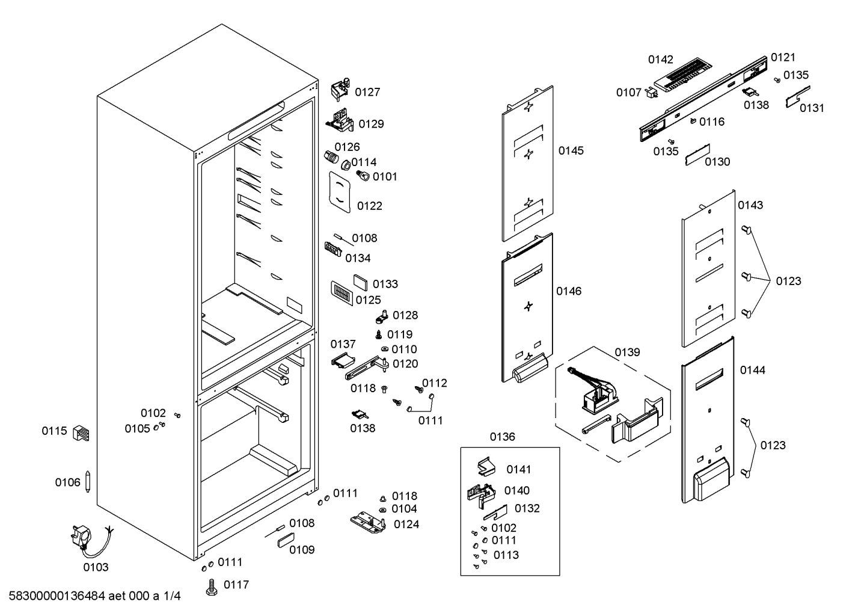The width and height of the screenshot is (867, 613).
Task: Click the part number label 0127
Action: [x=367, y=92]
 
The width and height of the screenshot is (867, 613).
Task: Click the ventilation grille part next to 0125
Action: [x=342, y=293]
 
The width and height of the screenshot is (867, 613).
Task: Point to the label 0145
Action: [x=571, y=150]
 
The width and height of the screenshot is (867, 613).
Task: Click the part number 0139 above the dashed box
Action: [x=627, y=352]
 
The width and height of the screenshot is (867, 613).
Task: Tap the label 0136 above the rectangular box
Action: [x=503, y=437]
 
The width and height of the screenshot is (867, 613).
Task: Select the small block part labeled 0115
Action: [x=81, y=433]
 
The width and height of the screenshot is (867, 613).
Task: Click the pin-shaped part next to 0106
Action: [x=88, y=481]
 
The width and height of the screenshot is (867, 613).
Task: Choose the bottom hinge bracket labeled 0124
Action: [x=368, y=522]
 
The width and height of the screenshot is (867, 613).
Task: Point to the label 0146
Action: [x=569, y=291]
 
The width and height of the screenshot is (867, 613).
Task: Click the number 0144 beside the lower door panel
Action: [x=752, y=370]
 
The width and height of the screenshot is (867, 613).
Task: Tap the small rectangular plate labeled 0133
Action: [x=360, y=282]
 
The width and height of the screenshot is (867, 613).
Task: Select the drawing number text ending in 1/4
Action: [x=94, y=596]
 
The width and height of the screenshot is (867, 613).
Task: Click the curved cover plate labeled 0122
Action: [x=340, y=193]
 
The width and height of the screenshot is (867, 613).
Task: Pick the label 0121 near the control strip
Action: [x=783, y=57]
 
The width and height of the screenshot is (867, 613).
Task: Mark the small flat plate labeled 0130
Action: [x=697, y=155]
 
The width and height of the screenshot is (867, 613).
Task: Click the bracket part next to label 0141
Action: [x=486, y=466]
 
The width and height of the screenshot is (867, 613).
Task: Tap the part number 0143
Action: [x=750, y=205]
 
